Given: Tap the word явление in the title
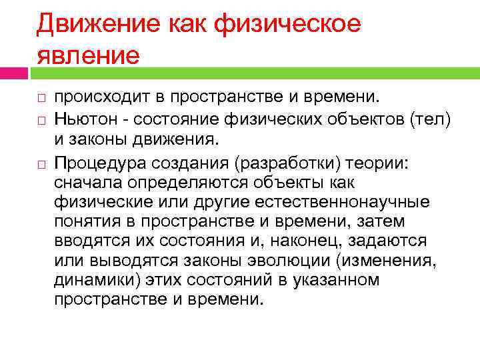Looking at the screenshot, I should coord(88,54).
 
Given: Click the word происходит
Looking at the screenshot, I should coord(100,98).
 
